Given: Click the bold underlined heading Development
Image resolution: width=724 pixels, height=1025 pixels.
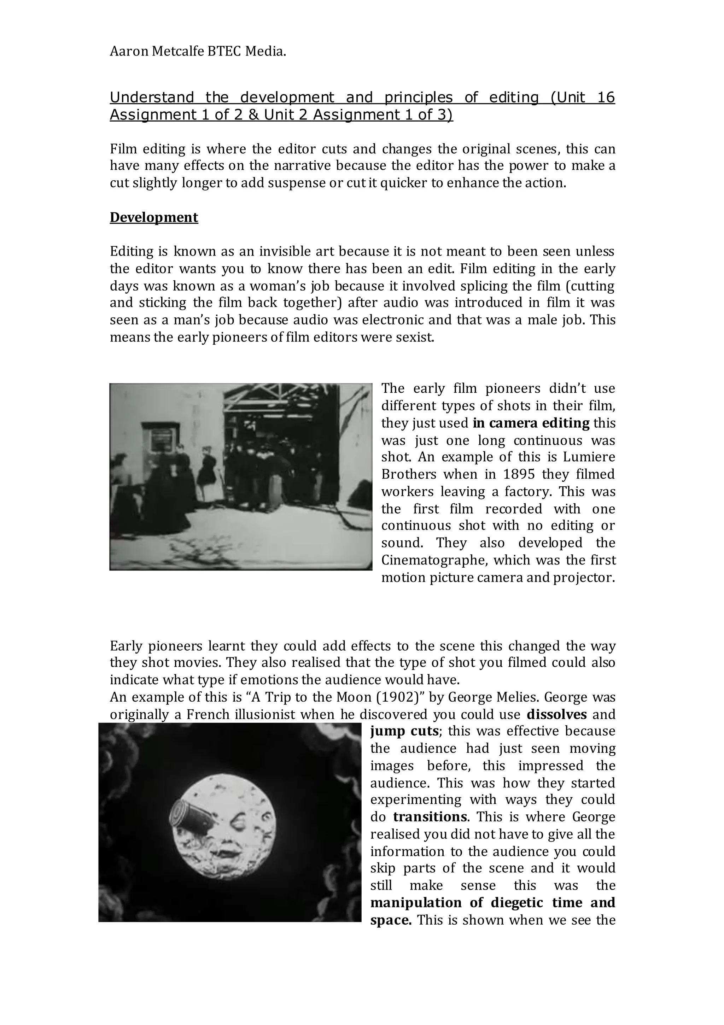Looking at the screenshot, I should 154,217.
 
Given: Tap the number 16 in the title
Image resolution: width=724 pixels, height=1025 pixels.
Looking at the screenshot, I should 606,97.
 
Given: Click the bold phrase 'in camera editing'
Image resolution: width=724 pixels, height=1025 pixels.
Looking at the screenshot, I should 531,423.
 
